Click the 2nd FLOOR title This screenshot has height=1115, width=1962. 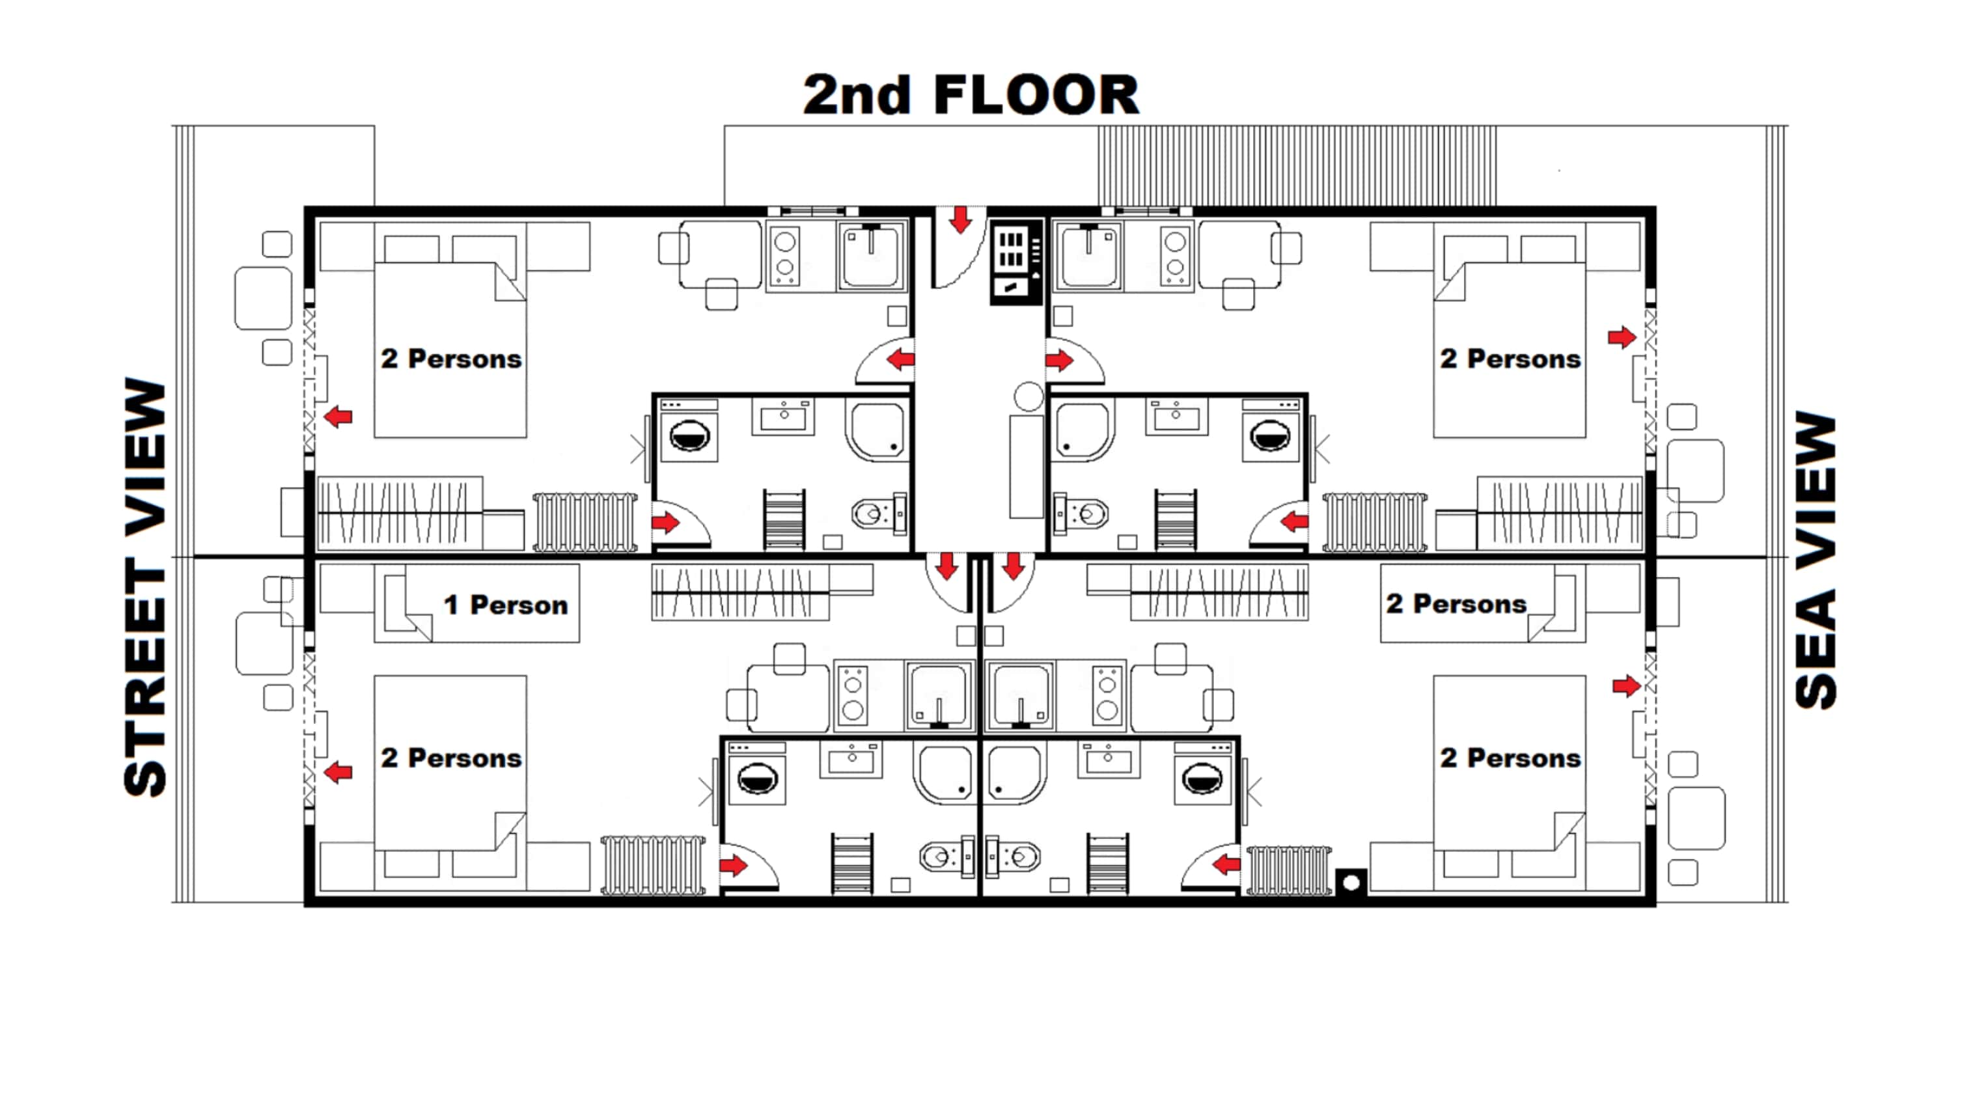(x=971, y=95)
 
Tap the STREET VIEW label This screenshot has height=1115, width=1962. (x=146, y=586)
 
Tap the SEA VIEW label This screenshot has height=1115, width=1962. (x=1816, y=561)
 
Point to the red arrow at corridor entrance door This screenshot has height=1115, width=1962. (x=960, y=221)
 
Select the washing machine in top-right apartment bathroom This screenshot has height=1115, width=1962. (x=1270, y=435)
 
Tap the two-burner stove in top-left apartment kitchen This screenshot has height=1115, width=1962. (x=784, y=255)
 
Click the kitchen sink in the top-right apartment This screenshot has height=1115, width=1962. (x=1089, y=255)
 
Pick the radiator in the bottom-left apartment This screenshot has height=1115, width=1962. (x=652, y=865)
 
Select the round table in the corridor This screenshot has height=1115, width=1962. (x=1029, y=396)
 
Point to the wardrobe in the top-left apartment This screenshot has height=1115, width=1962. (x=400, y=513)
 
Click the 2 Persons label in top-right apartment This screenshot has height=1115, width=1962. (x=1510, y=359)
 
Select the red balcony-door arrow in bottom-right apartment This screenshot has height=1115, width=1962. (x=1625, y=686)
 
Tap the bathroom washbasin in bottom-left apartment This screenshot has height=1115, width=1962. (x=850, y=759)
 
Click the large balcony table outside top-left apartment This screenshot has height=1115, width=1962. (x=264, y=298)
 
